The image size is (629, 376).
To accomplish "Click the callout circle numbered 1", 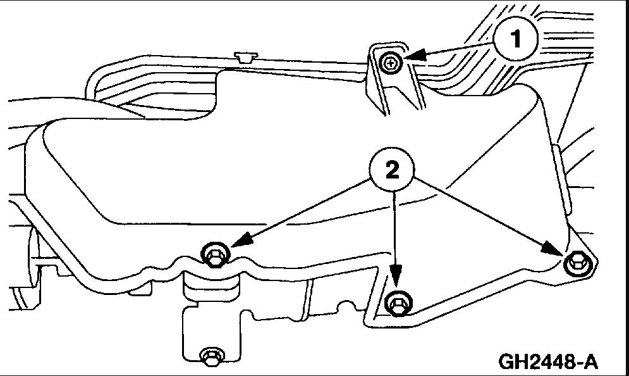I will coord(517,40).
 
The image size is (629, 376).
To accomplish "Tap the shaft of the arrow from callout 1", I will coord(455,51).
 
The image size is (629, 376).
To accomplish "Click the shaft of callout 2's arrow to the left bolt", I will coord(303,211).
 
